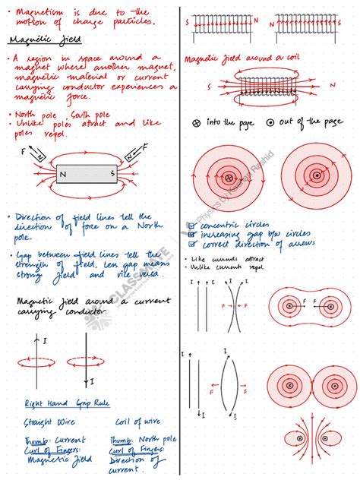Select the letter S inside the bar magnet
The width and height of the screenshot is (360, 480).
(x=112, y=174)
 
